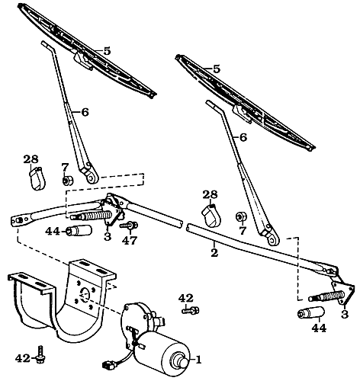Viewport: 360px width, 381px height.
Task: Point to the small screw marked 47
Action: click(130, 226)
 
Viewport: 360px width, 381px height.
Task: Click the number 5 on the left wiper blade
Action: click(108, 50)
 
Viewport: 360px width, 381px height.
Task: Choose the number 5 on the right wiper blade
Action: click(217, 69)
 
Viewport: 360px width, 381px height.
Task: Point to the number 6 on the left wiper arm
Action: click(85, 111)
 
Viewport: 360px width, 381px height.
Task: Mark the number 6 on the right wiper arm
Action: click(243, 137)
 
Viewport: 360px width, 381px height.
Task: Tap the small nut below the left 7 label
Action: click(66, 181)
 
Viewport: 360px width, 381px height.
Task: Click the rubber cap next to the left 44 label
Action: click(75, 231)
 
